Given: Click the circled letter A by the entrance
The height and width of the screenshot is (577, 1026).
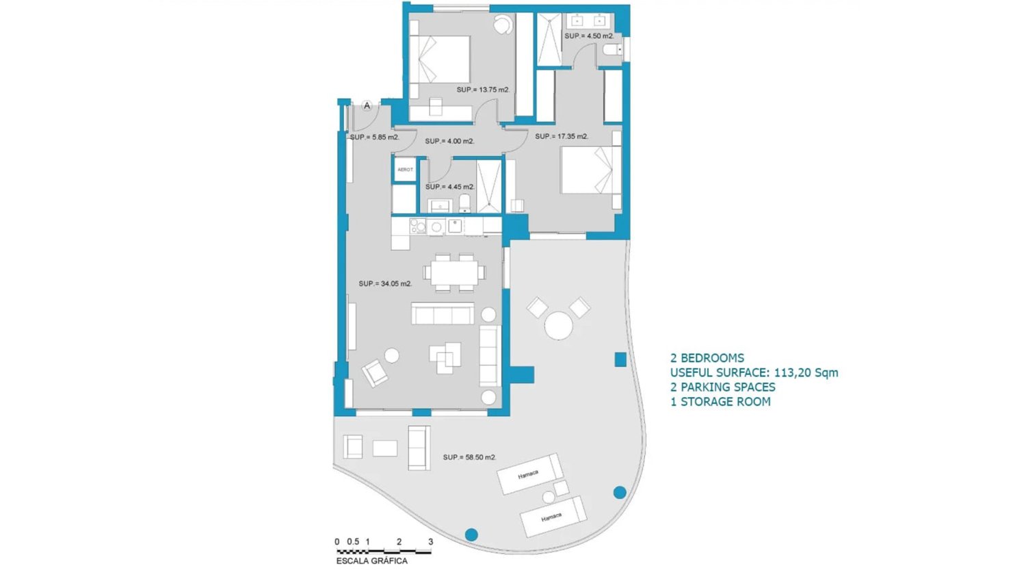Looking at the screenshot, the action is coord(367,106).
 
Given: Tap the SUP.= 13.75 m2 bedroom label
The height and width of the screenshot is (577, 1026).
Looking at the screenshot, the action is coord(483,90).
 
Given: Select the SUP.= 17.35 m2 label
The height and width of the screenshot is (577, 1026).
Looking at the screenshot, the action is coord(562,137).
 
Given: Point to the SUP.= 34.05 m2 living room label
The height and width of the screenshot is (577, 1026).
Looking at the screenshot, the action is coord(385,283).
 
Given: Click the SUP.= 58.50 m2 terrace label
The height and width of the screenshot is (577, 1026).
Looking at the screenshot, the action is coord(469,457).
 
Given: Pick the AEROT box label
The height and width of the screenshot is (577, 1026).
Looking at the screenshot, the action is coord(405,170).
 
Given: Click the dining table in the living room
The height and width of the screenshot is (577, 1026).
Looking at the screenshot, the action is coord(454,272).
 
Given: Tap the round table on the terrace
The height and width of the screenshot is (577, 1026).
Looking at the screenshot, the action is coord(558,326).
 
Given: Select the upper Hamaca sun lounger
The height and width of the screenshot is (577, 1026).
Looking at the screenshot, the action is coord(530,474).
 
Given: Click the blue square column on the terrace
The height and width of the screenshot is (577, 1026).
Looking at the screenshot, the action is coord(620,359).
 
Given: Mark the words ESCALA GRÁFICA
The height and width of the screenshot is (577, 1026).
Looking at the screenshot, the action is coord(372,561).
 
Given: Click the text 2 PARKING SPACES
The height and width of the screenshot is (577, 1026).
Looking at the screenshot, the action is coord(723,387).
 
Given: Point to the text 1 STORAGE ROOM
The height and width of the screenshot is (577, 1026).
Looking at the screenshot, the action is coord(720,402).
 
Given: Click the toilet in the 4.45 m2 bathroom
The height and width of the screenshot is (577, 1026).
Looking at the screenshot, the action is coord(464,203).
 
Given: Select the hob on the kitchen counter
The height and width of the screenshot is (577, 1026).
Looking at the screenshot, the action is coord(418,226).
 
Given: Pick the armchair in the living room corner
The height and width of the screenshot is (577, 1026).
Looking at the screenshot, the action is coord(375,373).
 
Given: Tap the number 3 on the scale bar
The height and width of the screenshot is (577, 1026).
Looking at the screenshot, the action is coord(430,541).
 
